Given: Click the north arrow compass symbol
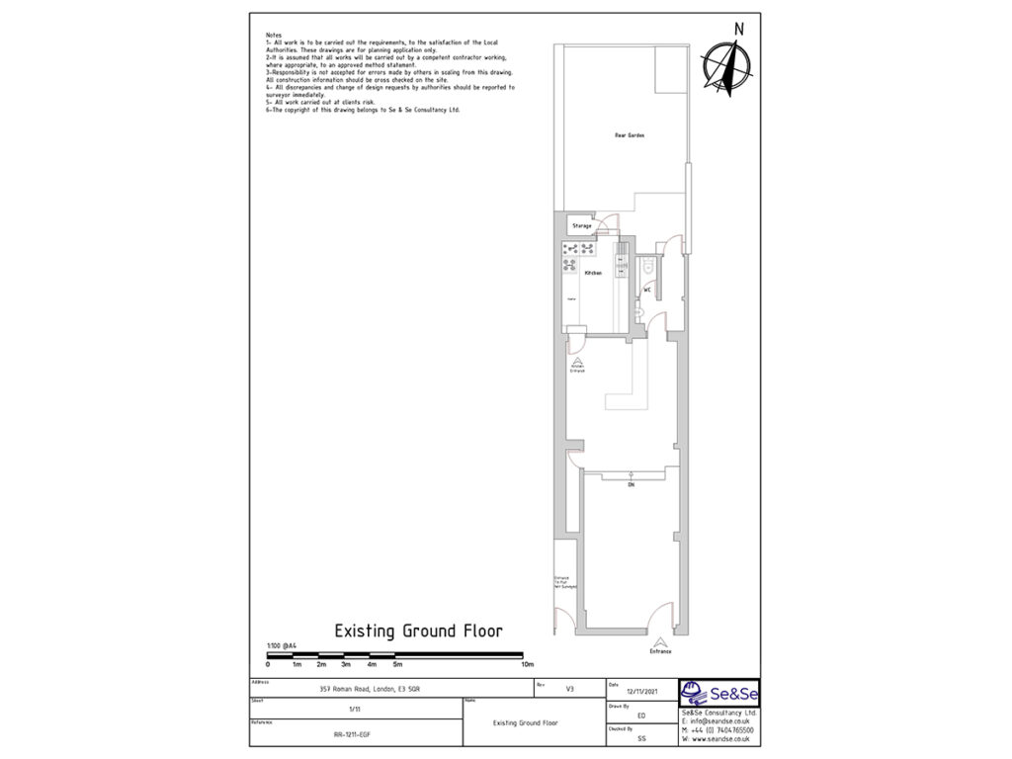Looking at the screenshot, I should coord(726,62).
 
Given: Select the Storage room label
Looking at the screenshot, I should coord(582,226).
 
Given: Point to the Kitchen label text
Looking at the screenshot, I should coord(593,273).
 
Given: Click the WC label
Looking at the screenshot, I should coord(648,290).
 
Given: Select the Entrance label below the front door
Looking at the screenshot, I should coord(660,651).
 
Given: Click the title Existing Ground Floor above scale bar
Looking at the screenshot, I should coord(418,631).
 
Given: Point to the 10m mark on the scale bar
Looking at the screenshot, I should coord(527,664).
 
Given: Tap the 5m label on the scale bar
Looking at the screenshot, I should coord(397,664).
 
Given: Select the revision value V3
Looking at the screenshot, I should coord(569,689).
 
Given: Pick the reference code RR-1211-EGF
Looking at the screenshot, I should coord(353,734).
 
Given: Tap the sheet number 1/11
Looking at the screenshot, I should coord(355,709).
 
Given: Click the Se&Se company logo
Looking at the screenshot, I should coord(718,692).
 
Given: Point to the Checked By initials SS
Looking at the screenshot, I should coord(641,737).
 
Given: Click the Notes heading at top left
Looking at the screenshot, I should coord(274,35).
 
